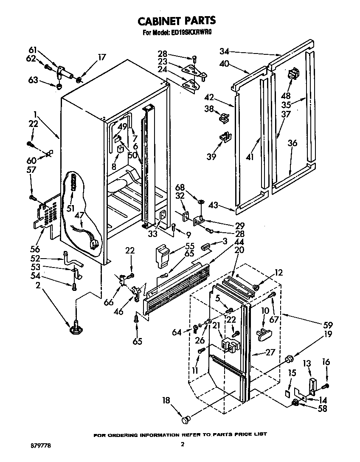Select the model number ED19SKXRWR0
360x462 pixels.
194,33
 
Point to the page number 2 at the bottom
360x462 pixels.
182,445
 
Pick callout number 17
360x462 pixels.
101,57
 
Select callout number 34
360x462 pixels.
225,51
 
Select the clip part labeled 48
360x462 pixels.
292,74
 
